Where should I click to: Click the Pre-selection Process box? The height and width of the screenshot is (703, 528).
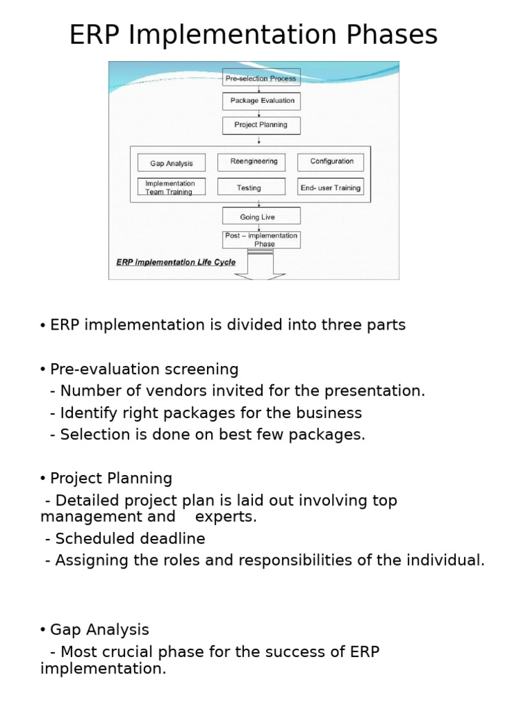point(261,78)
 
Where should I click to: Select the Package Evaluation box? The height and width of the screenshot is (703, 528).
point(261,101)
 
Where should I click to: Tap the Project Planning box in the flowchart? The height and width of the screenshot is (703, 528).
point(261,125)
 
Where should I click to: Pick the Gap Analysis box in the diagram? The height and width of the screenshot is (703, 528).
point(172,163)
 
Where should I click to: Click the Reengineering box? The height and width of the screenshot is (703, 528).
point(252,161)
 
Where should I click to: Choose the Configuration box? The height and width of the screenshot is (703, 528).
point(331,161)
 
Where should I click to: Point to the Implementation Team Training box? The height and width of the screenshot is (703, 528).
point(172,187)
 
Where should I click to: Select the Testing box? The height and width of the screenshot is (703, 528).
point(251,187)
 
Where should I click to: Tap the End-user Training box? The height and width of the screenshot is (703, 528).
point(331,187)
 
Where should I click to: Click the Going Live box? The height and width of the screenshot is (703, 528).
point(261,216)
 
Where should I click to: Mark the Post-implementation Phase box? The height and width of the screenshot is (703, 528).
point(261,240)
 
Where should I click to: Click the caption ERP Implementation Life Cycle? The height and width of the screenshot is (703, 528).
point(176,262)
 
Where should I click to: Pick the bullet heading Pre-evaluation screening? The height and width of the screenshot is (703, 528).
point(144,369)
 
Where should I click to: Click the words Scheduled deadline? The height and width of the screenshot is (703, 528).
point(130,539)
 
